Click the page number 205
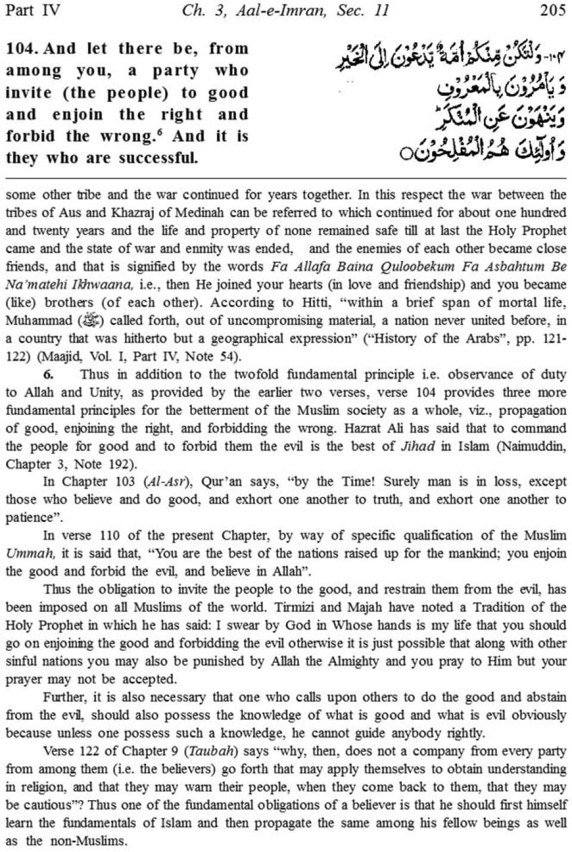(552, 11)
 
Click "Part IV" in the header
(32, 11)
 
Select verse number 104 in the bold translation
(21, 49)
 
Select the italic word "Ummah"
(30, 554)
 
